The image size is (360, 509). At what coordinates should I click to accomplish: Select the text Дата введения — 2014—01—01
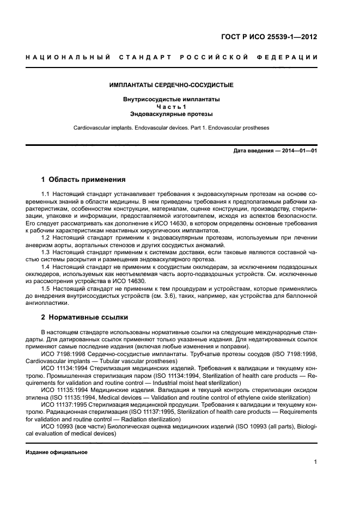[x=275, y=150]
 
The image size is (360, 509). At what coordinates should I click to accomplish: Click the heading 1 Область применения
[x=84, y=180]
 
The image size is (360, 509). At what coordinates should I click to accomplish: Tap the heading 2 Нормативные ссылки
[x=86, y=317]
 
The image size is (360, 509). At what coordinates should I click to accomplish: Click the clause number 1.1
[x=46, y=194]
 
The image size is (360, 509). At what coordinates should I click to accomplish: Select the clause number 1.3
[x=46, y=252]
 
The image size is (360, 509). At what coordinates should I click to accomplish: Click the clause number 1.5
[x=46, y=288]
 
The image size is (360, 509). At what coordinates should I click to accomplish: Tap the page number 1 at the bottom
[x=315, y=462]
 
